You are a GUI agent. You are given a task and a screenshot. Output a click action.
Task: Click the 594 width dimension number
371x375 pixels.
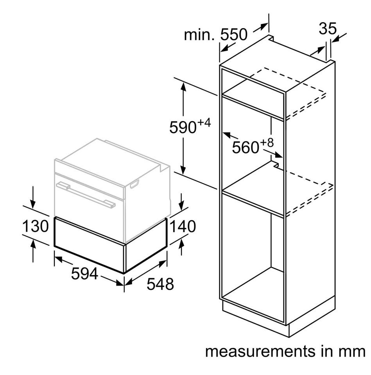(x=84, y=273)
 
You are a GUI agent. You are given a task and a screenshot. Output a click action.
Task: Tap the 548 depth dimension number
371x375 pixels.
(x=160, y=284)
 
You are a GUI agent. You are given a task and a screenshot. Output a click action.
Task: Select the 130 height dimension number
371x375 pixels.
(x=36, y=226)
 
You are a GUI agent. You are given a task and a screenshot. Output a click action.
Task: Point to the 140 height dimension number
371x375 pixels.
(x=183, y=226)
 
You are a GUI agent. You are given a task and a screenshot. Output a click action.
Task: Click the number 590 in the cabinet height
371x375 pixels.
(x=183, y=127)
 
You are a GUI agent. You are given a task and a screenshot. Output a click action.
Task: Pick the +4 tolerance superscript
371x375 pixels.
(x=204, y=123)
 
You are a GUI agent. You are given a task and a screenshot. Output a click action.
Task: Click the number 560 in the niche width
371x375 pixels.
(x=246, y=147)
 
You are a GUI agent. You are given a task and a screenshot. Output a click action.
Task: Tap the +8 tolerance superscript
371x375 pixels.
(x=267, y=143)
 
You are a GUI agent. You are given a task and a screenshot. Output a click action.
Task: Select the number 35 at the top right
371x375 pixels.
(x=328, y=29)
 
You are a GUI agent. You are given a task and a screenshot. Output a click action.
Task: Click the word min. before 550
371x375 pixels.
(x=199, y=35)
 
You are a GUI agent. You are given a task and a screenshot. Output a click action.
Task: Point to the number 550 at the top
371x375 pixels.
(x=233, y=34)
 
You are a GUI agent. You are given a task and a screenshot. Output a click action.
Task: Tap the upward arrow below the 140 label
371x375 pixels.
(x=182, y=247)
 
